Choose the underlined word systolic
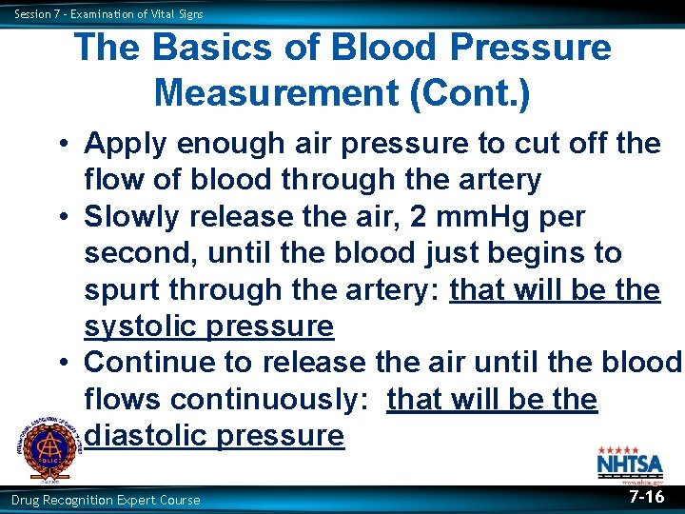[145, 326]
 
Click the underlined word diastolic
[150, 436]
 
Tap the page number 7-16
[647, 498]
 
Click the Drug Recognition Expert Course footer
[106, 500]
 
